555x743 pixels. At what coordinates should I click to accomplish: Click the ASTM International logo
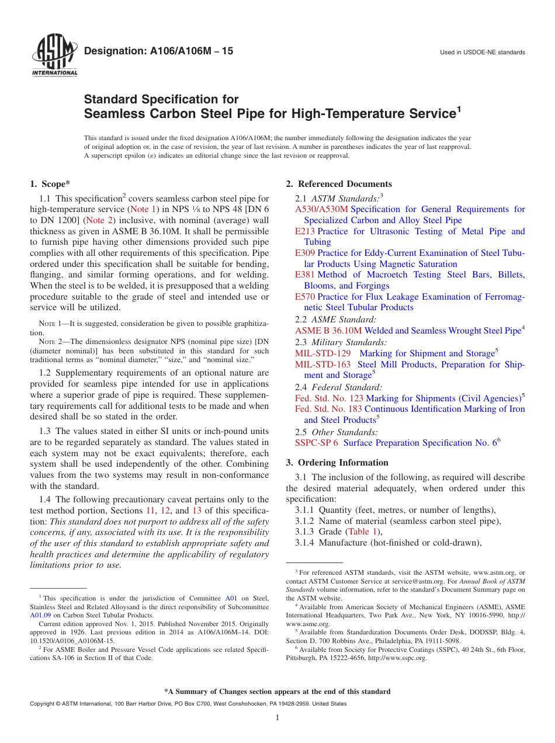point(54,57)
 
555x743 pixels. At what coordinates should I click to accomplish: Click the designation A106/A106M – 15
point(158,51)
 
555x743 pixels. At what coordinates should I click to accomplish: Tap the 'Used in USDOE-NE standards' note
point(483,53)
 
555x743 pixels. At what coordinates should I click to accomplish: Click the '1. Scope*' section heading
point(50,184)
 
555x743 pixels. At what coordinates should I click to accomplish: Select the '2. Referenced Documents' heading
point(339,184)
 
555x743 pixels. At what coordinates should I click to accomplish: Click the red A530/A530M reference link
point(321,209)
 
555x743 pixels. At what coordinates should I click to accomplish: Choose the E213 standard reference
point(305,231)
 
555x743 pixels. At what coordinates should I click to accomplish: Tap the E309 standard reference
point(305,253)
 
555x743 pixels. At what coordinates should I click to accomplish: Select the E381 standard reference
point(305,275)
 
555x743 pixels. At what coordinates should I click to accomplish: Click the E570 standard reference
point(305,297)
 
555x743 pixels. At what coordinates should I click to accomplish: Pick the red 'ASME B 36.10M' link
point(328,331)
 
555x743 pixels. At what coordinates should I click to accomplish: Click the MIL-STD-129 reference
point(323,353)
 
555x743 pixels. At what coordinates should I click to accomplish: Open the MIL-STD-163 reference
point(323,364)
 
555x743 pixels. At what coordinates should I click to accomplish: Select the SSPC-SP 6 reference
point(317,443)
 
